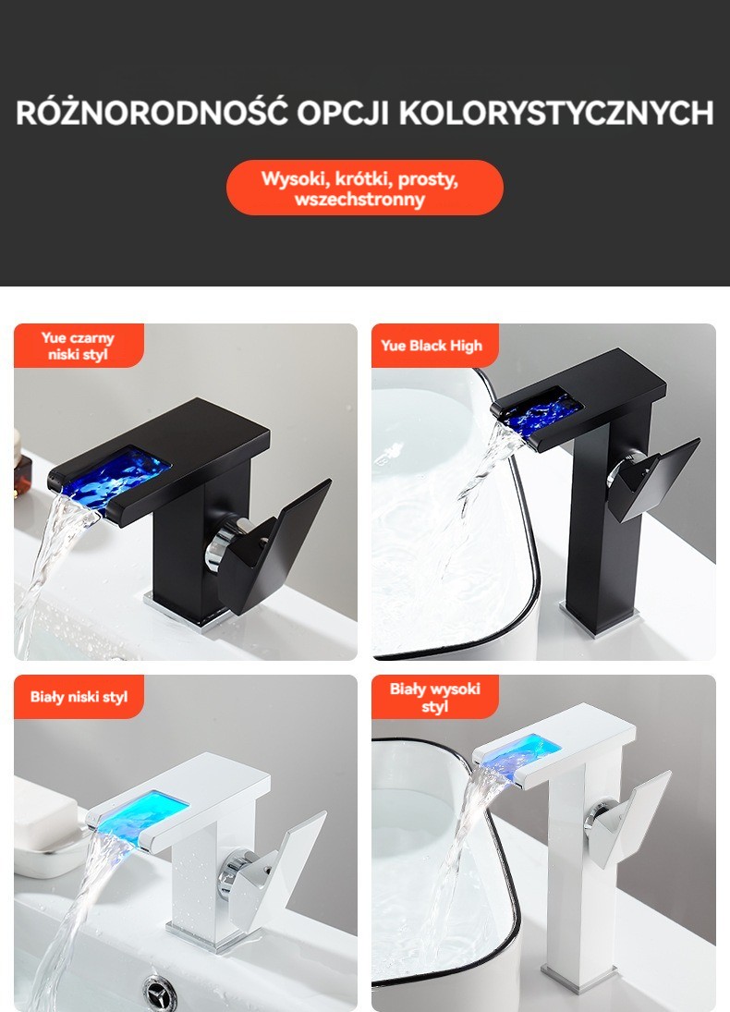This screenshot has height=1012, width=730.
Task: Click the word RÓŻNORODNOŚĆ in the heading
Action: [152, 112]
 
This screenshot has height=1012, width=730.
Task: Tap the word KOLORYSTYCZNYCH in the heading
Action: [555, 113]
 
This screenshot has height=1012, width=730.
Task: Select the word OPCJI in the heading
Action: [343, 113]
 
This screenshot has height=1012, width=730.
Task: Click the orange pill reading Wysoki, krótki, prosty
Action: [365, 188]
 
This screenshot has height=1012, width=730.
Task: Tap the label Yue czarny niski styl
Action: [79, 346]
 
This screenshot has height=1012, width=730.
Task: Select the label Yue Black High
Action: [432, 346]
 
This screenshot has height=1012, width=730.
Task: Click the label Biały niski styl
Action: [79, 697]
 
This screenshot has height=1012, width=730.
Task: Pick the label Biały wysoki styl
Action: [434, 697]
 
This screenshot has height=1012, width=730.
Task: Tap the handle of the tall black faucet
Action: [651, 479]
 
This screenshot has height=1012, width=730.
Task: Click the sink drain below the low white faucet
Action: [160, 992]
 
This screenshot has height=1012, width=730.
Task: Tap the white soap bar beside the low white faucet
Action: [46, 820]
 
